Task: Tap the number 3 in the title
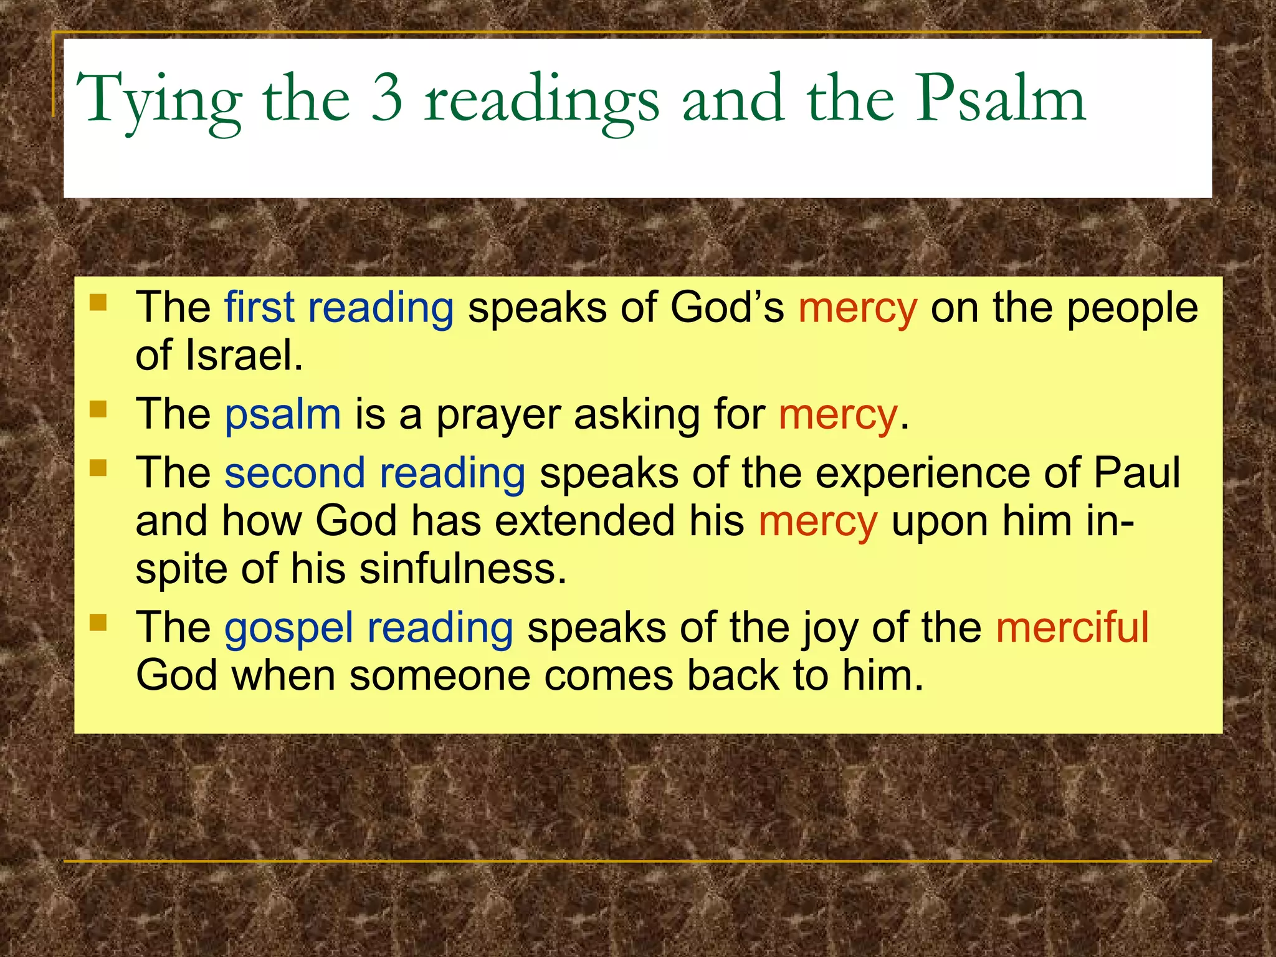386,98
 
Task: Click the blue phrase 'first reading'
339,308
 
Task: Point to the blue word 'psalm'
283,415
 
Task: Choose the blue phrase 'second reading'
375,473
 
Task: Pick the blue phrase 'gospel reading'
369,627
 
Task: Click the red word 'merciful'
1072,627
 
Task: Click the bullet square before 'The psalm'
98,409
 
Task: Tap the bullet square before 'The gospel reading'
98,622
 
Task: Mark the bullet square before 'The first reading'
98,303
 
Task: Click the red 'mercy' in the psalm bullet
837,415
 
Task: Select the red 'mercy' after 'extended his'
817,521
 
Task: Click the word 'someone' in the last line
439,675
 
